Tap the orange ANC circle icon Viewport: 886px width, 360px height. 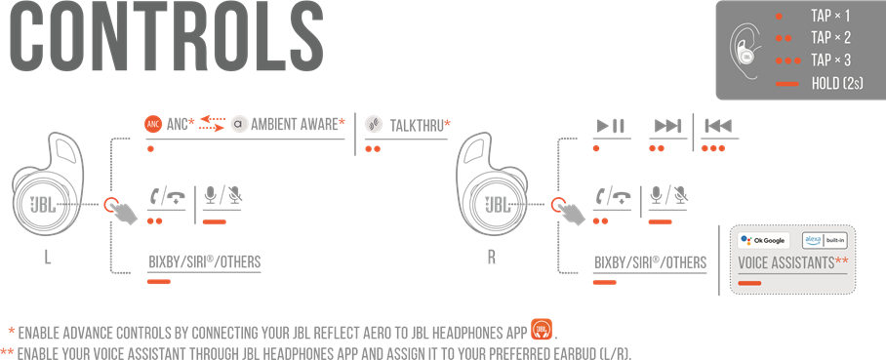pyautogui.click(x=152, y=124)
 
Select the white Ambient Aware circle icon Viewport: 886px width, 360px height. pyautogui.click(x=239, y=124)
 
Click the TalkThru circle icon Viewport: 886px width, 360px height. pyautogui.click(x=372, y=124)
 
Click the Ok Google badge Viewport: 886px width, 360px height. pyautogui.click(x=764, y=239)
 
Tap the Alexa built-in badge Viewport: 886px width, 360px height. pyautogui.click(x=824, y=239)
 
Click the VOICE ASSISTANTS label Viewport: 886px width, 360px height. pyautogui.click(x=792, y=263)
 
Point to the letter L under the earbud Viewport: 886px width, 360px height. pyautogui.click(x=48, y=260)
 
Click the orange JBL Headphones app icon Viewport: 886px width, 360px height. pyautogui.click(x=542, y=329)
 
